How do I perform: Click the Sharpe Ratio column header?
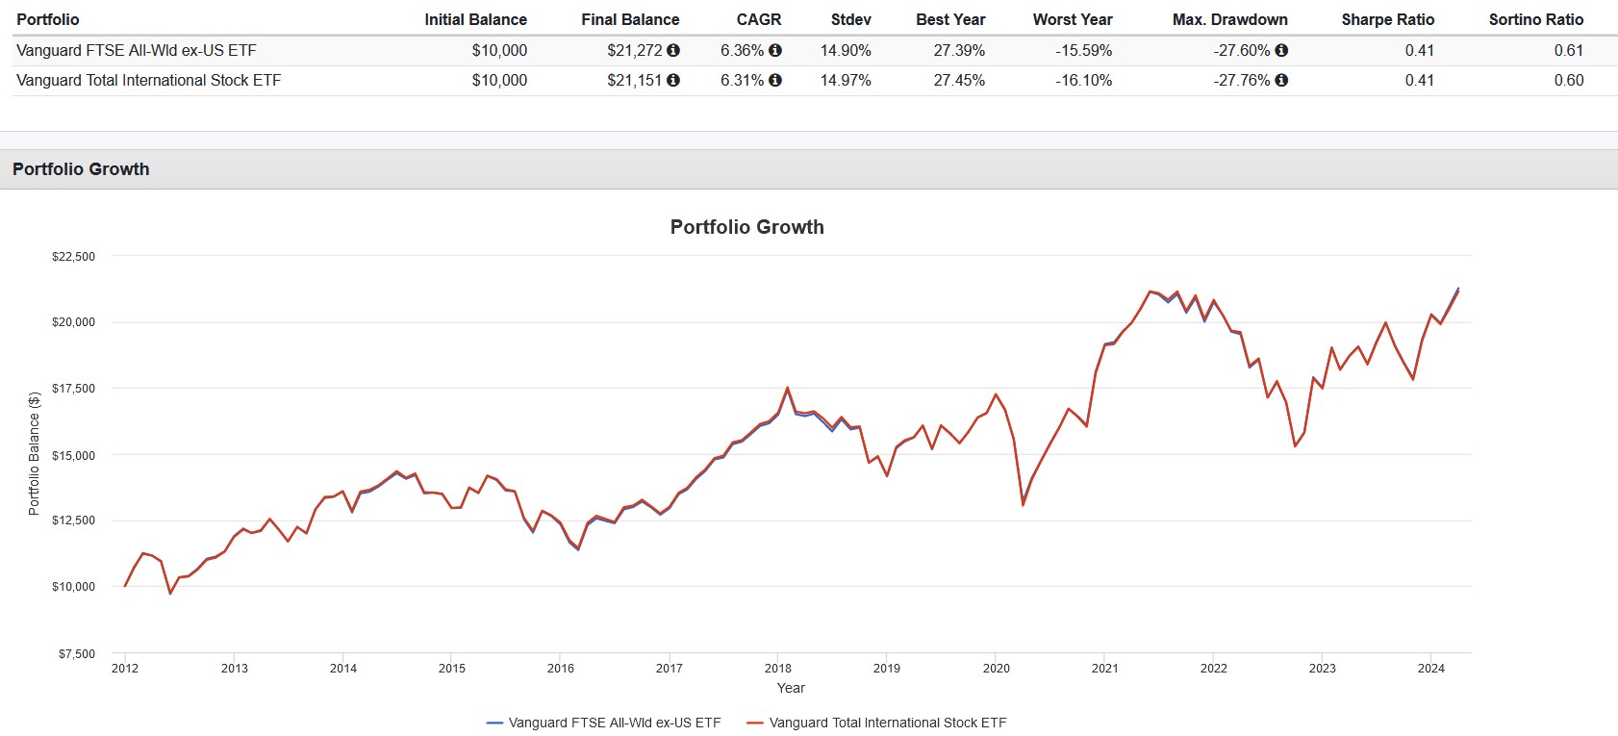[1387, 19]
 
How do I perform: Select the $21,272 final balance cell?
[634, 50]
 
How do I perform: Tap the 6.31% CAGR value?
[742, 80]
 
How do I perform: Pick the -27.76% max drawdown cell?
[1241, 80]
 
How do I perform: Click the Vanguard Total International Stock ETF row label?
[149, 80]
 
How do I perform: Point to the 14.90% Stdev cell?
[846, 50]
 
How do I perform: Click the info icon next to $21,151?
[673, 80]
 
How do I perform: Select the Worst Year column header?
[1072, 19]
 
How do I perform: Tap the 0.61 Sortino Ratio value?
[1568, 50]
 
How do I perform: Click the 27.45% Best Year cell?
[959, 80]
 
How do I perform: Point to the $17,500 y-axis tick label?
[74, 389]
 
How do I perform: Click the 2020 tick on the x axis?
[996, 668]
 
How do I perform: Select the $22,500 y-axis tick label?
[74, 257]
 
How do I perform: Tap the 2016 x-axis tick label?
[561, 668]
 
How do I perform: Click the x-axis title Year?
[791, 688]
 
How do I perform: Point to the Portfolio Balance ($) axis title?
[35, 453]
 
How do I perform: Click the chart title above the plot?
[746, 227]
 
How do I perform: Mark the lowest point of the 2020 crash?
[1023, 505]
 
